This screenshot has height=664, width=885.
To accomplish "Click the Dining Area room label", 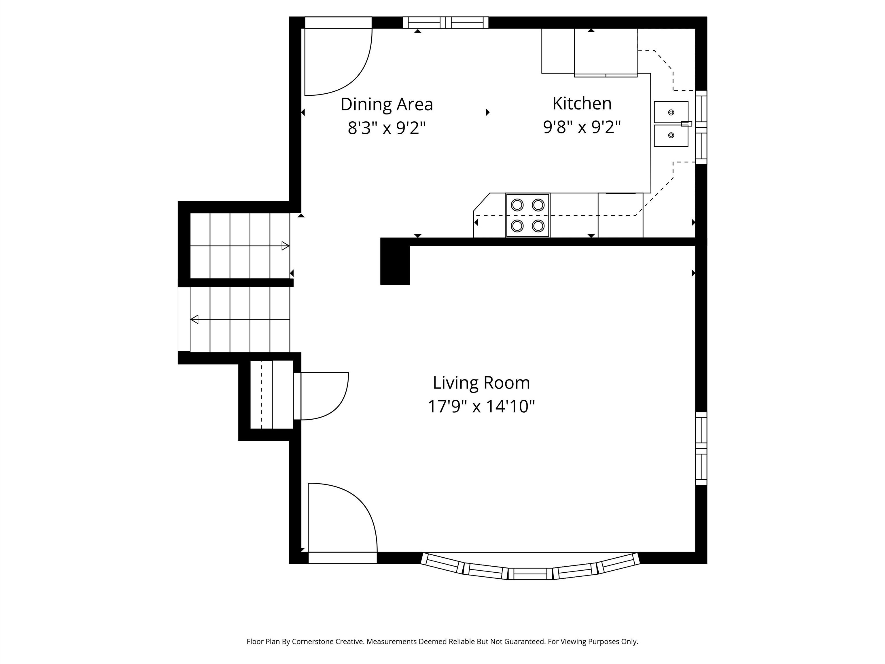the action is (387, 104).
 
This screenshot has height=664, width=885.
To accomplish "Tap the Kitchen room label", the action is (582, 104).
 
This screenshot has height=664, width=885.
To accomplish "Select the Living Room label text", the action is (481, 383).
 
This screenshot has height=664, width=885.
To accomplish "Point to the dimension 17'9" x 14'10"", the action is (481, 407).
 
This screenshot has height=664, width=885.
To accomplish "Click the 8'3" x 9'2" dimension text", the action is (387, 128).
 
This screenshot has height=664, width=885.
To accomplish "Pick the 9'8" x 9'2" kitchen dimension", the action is (582, 127).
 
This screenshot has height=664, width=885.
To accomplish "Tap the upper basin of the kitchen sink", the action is (671, 112).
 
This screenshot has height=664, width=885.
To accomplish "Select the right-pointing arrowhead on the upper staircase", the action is (285, 246).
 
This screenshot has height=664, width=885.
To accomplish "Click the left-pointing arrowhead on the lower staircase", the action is (194, 319).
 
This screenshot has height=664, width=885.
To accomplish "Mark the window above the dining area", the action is (446, 22).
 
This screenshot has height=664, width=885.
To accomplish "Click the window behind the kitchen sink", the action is (701, 127).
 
